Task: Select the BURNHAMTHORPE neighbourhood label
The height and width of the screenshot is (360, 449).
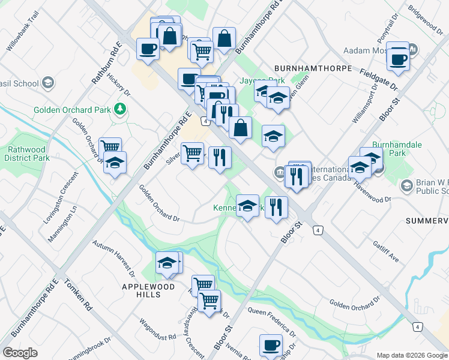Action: (x=313, y=68)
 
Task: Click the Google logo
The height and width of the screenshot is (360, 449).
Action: (x=20, y=353)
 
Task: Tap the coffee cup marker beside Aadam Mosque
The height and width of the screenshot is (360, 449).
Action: (x=399, y=59)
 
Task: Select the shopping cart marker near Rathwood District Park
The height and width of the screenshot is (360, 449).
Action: (x=110, y=147)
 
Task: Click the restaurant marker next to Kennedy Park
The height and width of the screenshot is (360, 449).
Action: (x=276, y=207)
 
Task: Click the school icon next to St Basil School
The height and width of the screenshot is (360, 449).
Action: (x=48, y=83)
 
